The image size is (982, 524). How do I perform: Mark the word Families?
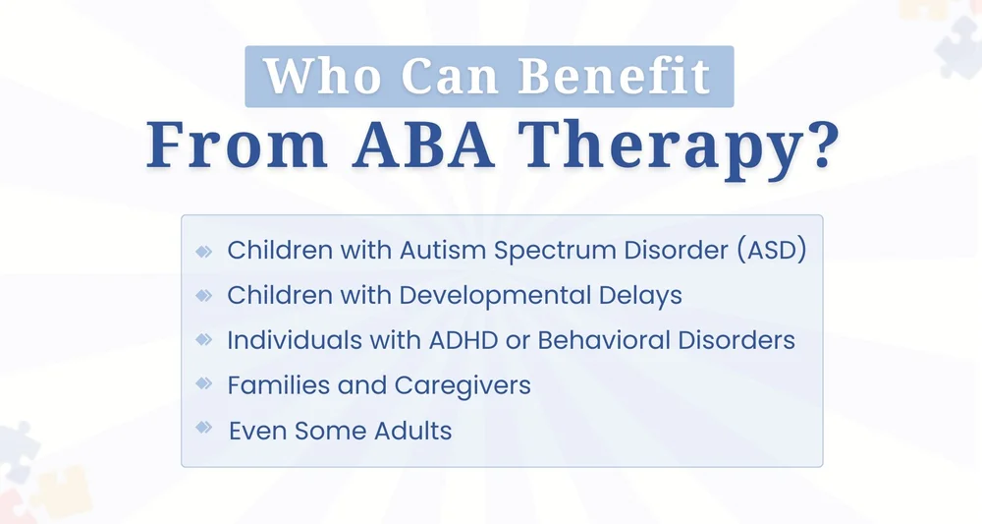click(270, 384)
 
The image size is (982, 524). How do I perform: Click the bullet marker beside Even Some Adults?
click(204, 428)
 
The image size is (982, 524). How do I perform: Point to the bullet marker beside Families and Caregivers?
click(204, 383)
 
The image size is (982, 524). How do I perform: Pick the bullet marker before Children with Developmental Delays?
click(204, 294)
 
